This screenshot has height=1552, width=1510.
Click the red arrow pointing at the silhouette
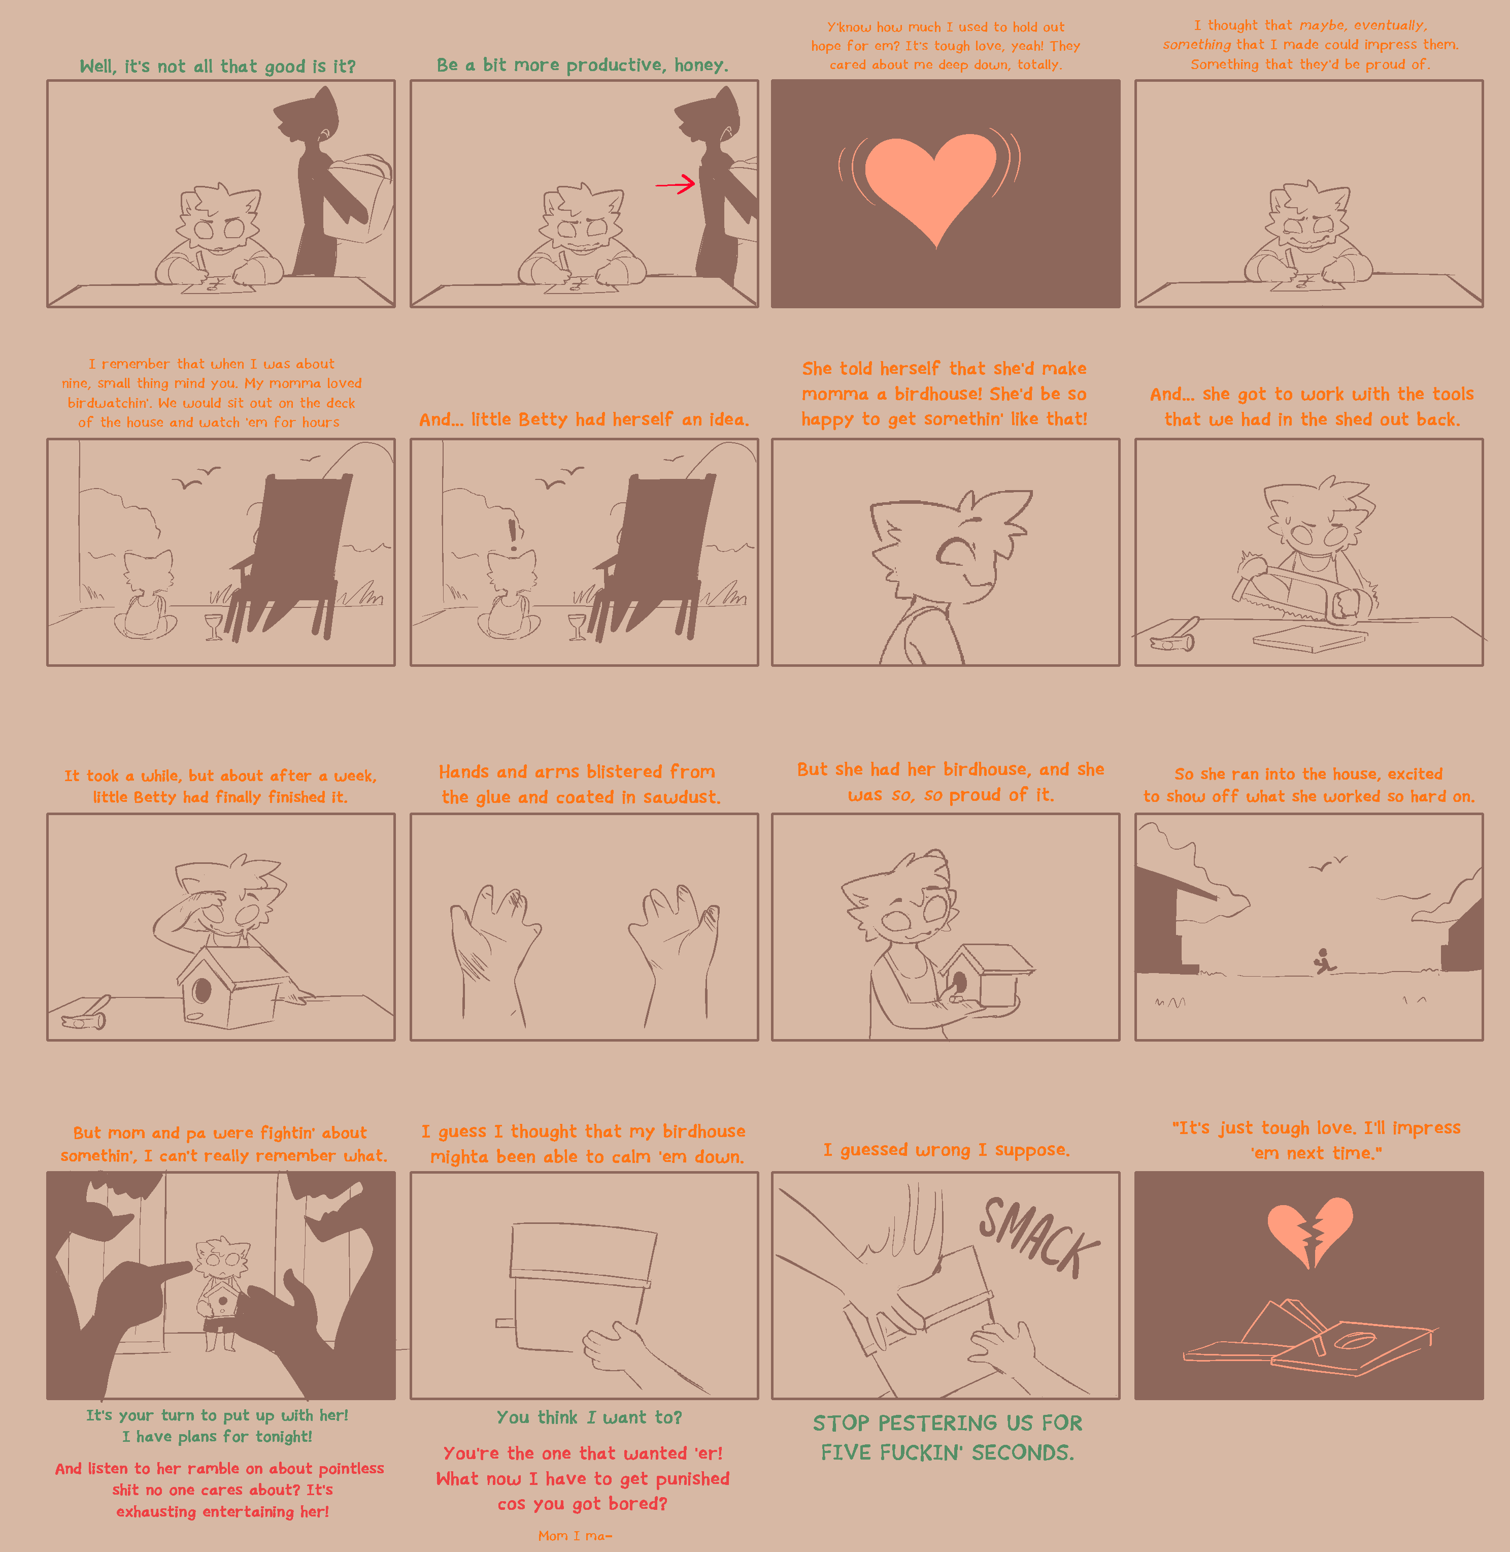pos(675,185)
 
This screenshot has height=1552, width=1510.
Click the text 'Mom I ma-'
pos(575,1535)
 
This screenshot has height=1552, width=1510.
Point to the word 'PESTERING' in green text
pos(956,1422)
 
